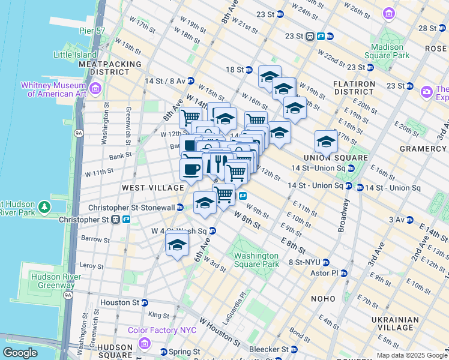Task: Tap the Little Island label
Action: (x=75, y=54)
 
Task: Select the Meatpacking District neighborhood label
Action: (x=110, y=68)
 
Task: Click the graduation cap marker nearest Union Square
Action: (x=325, y=142)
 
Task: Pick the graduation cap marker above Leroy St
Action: (x=177, y=245)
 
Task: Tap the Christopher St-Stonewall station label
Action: (x=131, y=208)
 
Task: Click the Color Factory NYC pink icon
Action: (x=143, y=343)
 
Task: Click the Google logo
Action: (x=21, y=353)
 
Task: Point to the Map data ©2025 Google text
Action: (x=411, y=355)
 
